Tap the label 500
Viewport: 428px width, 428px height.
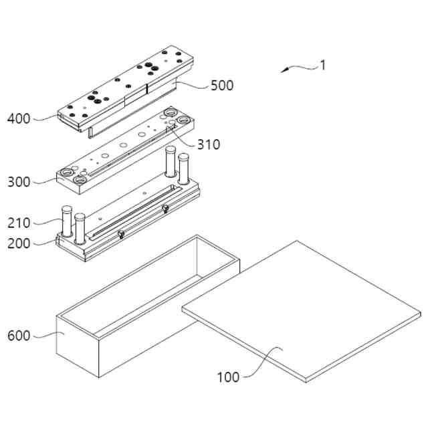[x=222, y=86]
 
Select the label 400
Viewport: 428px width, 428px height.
[x=19, y=119]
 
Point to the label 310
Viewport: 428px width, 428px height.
[x=208, y=144]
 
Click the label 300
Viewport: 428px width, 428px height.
[x=19, y=181]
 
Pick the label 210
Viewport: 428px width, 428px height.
[x=19, y=223]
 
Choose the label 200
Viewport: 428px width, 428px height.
[x=19, y=243]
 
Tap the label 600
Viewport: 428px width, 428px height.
[x=19, y=336]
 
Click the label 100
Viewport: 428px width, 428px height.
[x=228, y=377]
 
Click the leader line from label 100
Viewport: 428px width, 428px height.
[x=261, y=364]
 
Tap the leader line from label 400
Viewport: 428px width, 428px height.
[x=45, y=118]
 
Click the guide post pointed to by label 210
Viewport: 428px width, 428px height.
[x=66, y=221]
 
